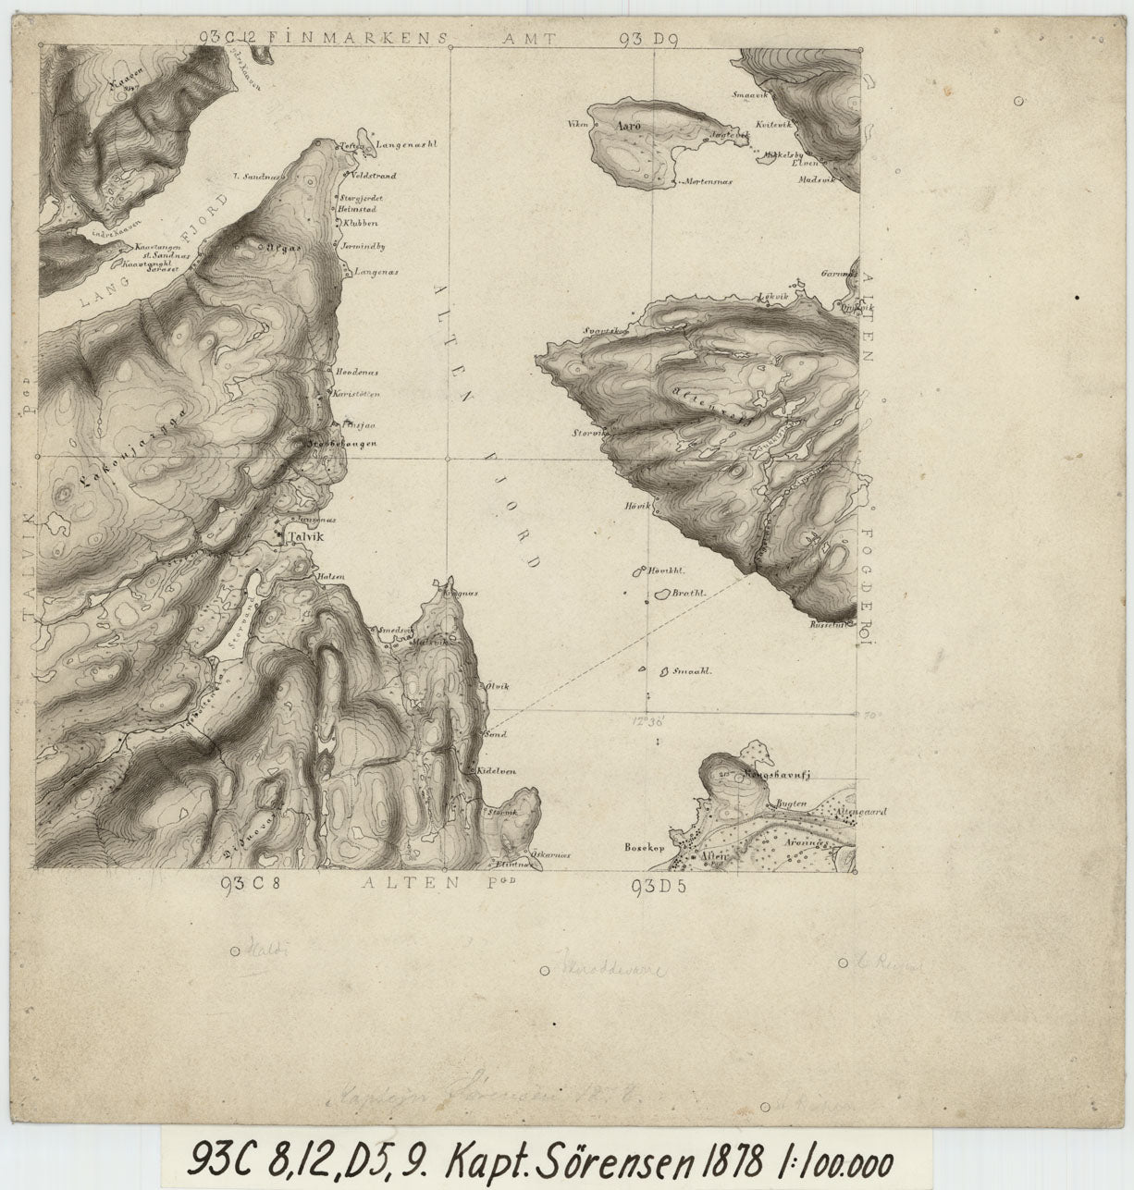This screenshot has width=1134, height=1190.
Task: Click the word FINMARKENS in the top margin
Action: tap(357, 38)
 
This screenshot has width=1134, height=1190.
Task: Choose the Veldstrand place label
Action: tap(375, 175)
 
